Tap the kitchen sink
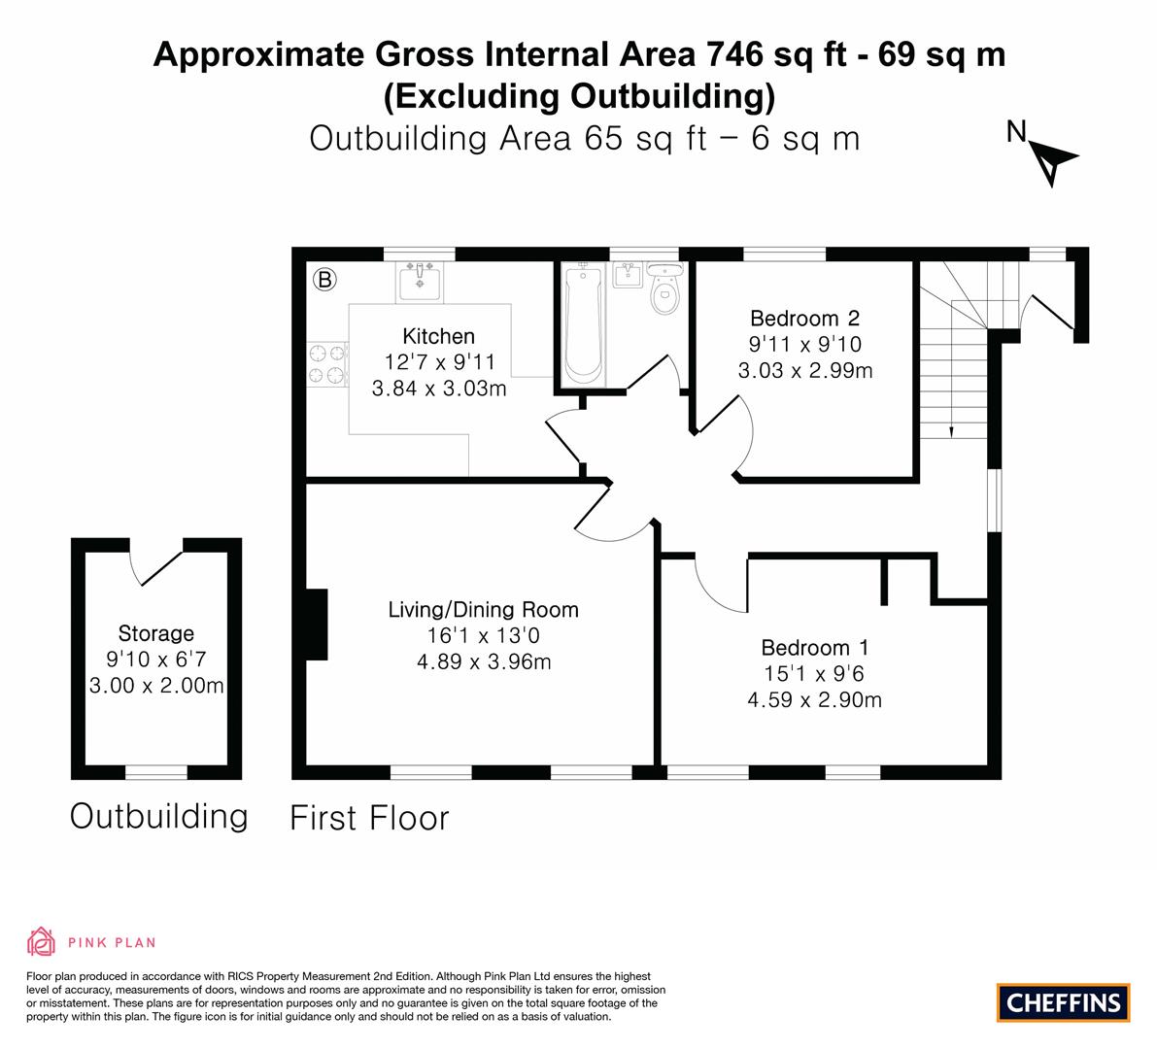coord(420,282)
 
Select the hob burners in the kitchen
coord(326,364)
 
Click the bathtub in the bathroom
coord(583,325)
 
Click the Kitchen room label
coord(439,337)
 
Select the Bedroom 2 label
coord(804,319)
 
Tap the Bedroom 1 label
coord(814,648)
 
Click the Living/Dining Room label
coord(483,610)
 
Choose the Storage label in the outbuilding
coord(156,634)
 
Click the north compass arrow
coord(1053,161)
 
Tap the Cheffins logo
coord(1063,1002)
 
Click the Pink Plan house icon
coord(42,941)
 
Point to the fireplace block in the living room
coord(316,625)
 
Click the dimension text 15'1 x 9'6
coord(814,674)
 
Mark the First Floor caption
coord(369,818)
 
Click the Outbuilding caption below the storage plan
coord(158,816)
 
